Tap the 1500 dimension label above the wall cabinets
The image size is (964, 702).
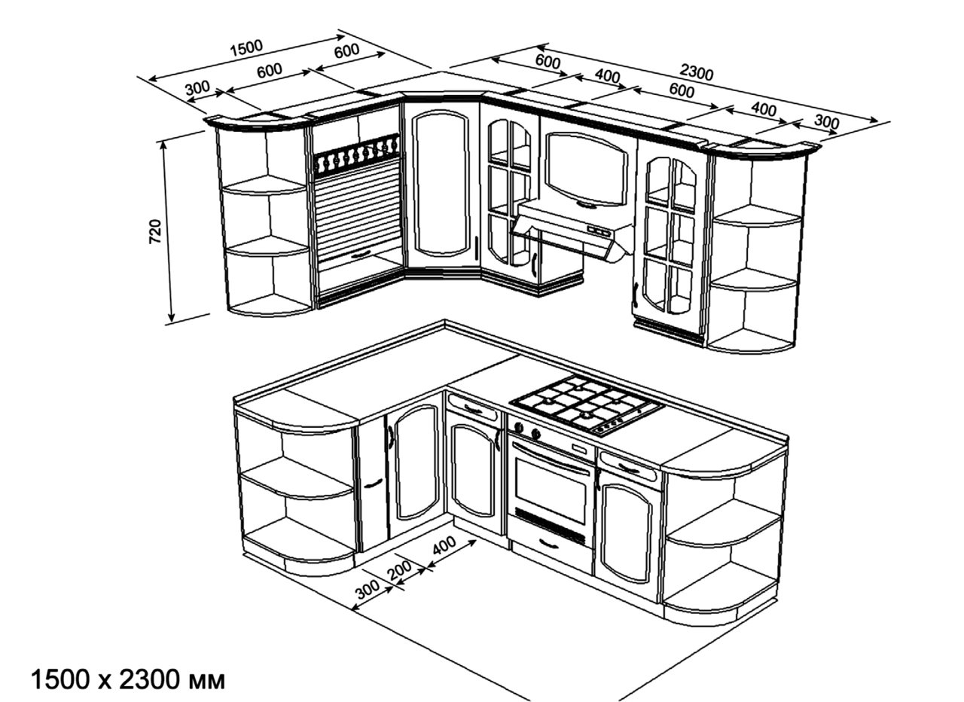246,47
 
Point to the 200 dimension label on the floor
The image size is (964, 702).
400,570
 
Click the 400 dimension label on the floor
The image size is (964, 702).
444,546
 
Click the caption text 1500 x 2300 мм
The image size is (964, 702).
127,679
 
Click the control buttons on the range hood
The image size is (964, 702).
599,230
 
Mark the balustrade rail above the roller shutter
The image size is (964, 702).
356,156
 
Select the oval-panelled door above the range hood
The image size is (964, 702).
586,168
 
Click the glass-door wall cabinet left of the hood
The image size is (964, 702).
509,192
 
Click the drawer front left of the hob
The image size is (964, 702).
473,410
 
